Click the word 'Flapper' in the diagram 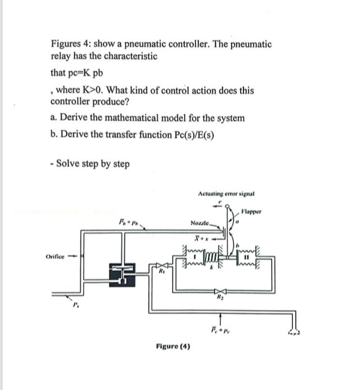pyautogui.click(x=251, y=211)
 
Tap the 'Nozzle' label pyautogui.click(x=200, y=223)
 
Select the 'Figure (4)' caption pyautogui.click(x=173, y=346)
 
